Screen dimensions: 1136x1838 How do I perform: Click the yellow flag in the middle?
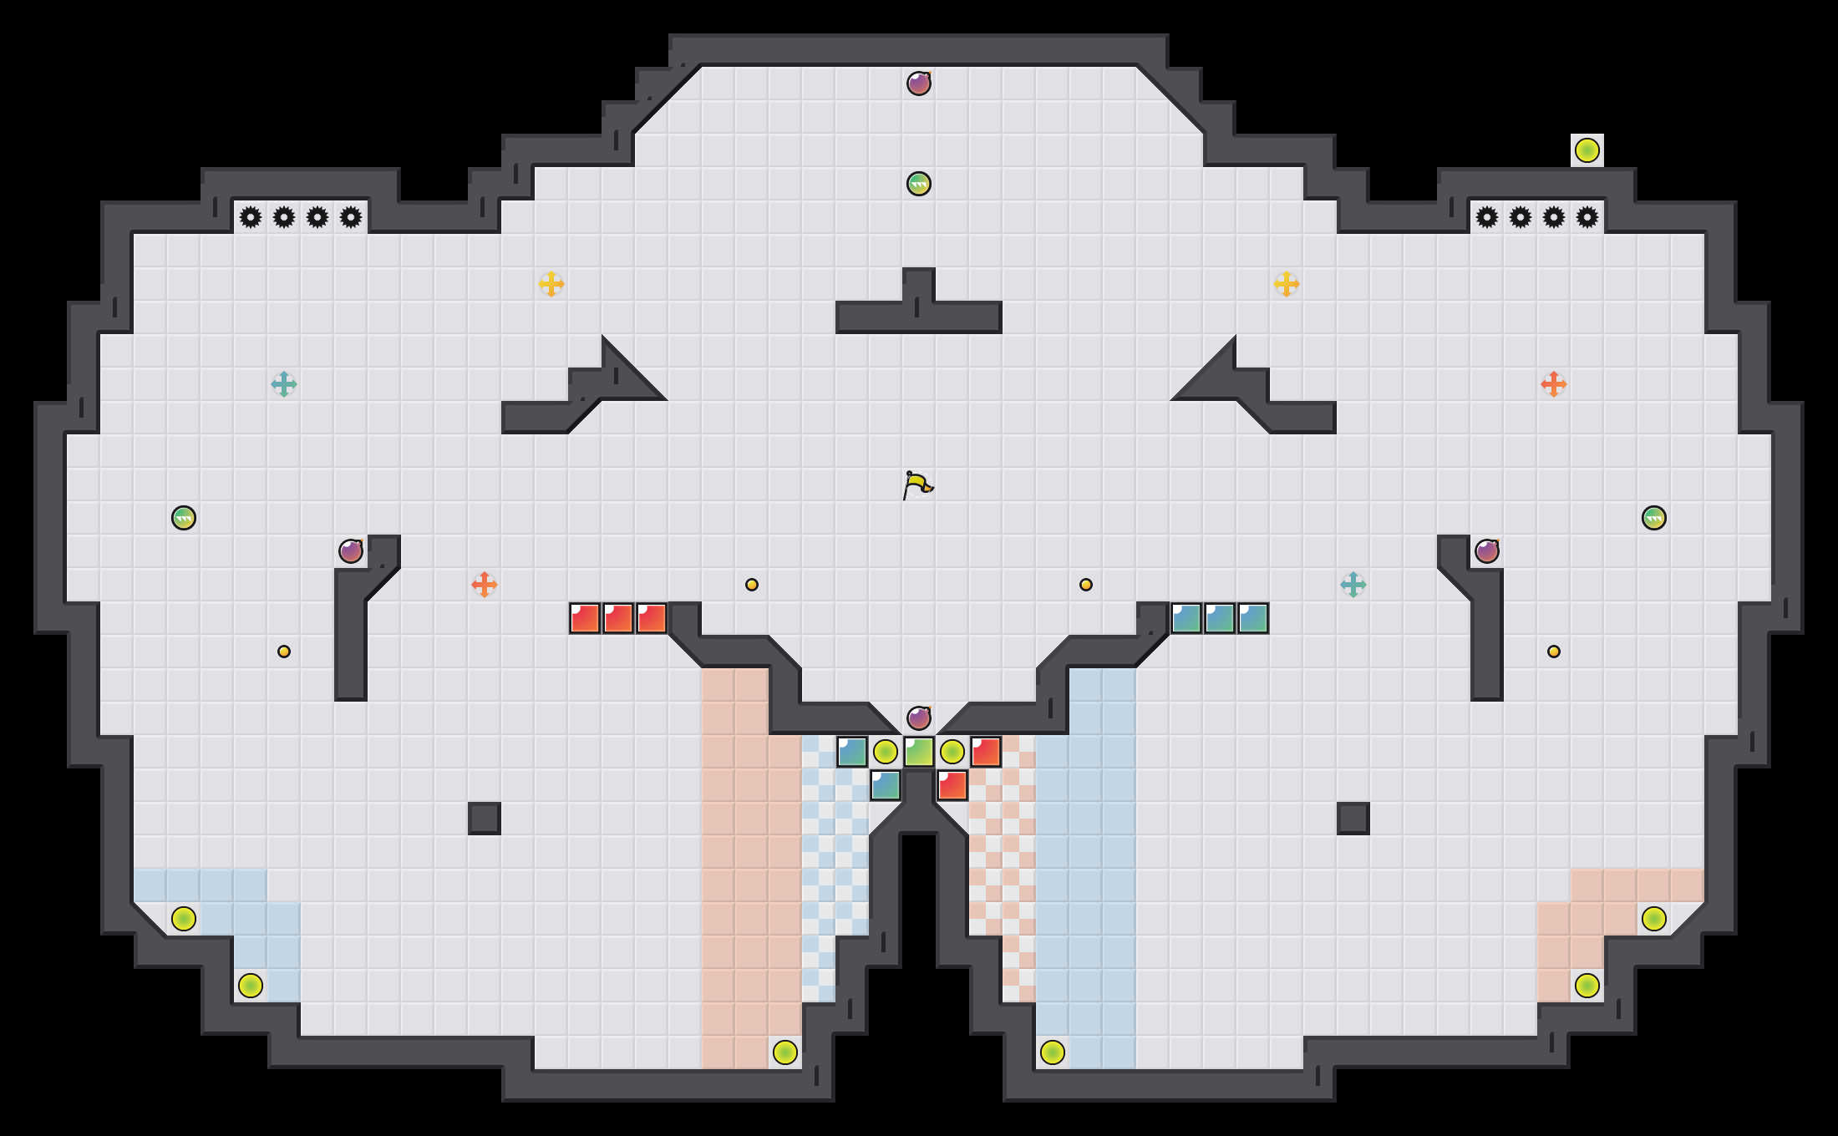tap(917, 484)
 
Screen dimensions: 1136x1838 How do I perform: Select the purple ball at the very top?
tap(919, 84)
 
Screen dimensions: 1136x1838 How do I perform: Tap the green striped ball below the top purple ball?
tap(919, 184)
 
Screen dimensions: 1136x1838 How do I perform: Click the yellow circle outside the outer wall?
tap(1587, 150)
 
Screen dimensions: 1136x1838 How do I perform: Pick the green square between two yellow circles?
tap(919, 752)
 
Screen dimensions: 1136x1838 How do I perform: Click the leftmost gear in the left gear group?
tap(251, 217)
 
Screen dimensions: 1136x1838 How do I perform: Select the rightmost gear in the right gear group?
tap(1587, 217)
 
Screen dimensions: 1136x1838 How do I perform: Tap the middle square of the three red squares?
tap(618, 618)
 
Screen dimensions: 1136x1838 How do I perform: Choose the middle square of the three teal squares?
tap(1220, 618)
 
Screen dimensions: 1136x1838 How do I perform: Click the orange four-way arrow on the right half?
tap(1554, 384)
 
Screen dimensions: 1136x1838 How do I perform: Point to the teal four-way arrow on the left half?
tap(284, 384)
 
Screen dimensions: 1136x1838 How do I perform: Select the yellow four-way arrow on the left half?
tap(551, 284)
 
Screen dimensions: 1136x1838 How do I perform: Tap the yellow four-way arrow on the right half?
tap(1287, 284)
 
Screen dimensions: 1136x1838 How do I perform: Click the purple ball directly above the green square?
tap(919, 718)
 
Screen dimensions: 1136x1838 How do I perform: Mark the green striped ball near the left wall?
tap(184, 518)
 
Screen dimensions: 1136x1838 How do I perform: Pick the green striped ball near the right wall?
tap(1654, 518)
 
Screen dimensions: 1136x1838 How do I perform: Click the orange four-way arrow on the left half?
tap(485, 585)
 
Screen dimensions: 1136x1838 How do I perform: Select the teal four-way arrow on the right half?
tap(1353, 585)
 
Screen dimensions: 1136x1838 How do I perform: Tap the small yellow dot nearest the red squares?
tap(752, 585)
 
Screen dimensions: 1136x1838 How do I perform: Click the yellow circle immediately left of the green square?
tap(886, 752)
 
